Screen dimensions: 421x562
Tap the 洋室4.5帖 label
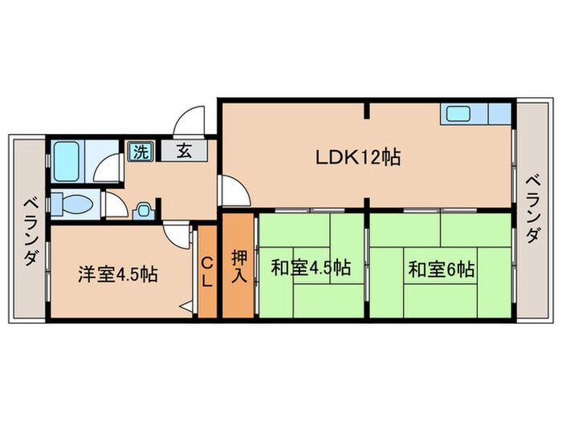coord(117,274)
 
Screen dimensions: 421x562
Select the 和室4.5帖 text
coord(310,268)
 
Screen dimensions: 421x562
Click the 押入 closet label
coord(239,265)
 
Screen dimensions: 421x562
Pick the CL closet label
coord(206,273)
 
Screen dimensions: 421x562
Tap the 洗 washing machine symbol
coord(140,150)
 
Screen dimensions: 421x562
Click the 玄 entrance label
coord(183,151)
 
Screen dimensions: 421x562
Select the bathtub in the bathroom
coord(66,160)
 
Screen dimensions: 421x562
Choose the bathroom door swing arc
coord(103,169)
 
